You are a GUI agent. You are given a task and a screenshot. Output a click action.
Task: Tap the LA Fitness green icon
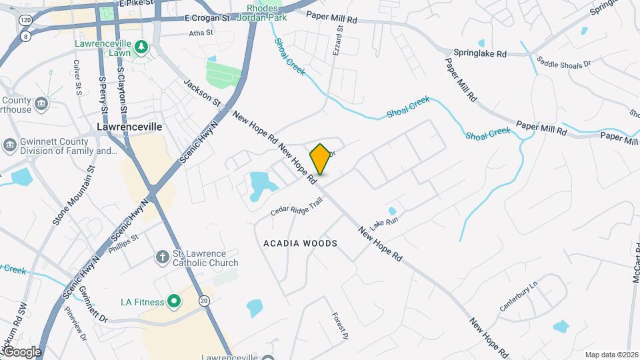(x=174, y=302)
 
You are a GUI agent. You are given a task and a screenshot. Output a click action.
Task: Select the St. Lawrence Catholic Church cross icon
(x=162, y=257)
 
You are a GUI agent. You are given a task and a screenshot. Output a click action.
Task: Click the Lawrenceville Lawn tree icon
(x=141, y=47)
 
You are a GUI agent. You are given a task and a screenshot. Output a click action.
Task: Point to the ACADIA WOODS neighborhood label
(x=300, y=243)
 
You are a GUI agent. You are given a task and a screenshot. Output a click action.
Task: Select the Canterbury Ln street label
(x=518, y=298)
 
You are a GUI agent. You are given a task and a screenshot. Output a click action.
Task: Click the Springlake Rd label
(x=480, y=53)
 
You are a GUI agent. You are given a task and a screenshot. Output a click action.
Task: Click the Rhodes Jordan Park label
(x=262, y=11)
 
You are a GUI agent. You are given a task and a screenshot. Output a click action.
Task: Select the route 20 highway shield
(x=204, y=301)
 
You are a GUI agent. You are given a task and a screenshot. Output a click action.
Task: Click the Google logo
(x=22, y=351)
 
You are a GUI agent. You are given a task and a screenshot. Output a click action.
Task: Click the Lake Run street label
(x=383, y=222)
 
